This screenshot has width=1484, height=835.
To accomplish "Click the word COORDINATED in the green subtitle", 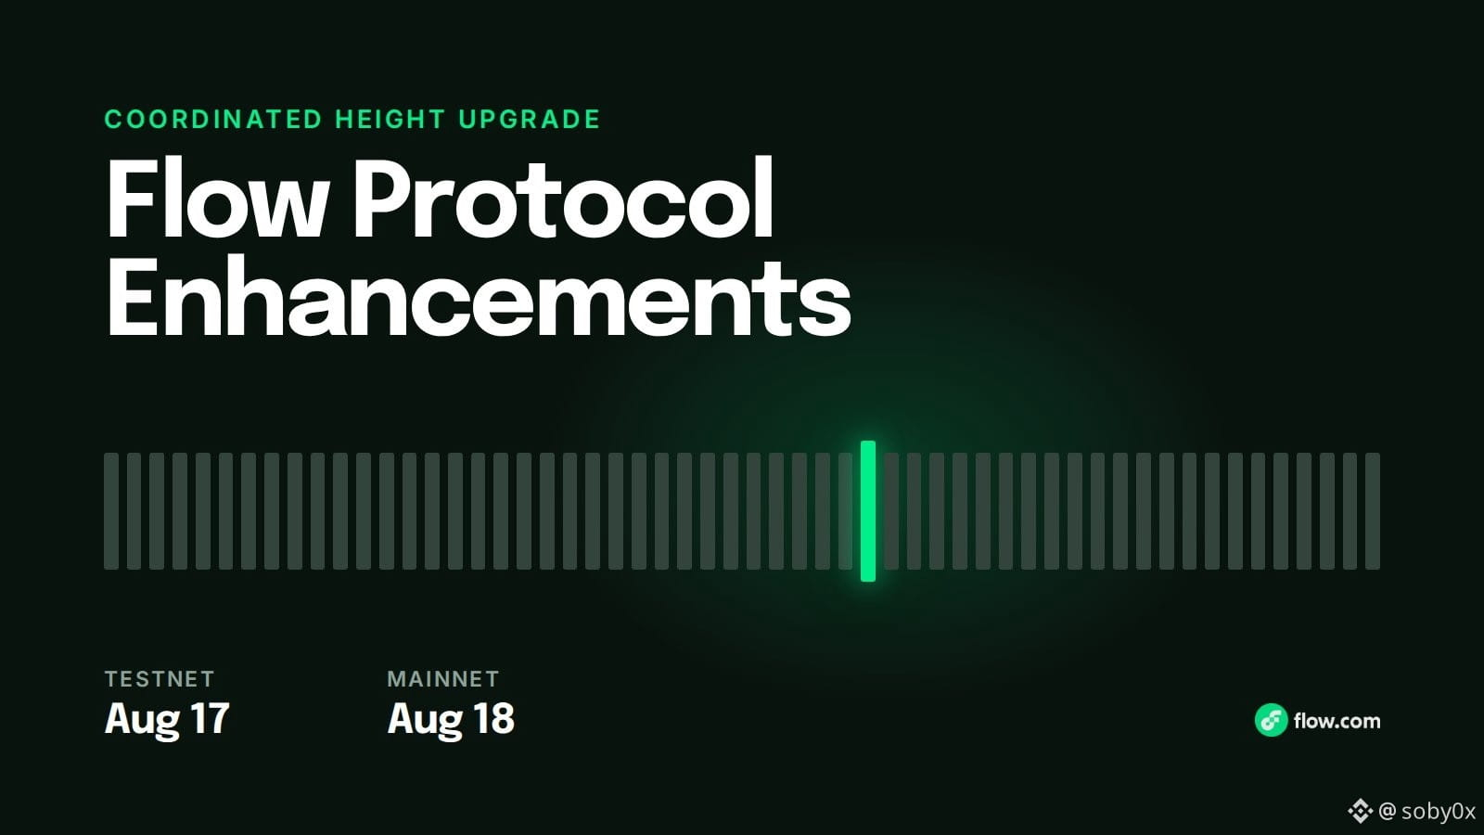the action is pos(213,120).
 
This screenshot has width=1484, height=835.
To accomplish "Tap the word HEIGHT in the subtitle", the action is pos(390,120).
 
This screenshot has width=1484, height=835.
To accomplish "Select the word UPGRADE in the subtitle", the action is pos(530,120).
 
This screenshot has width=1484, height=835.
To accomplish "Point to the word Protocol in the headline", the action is pos(562,198).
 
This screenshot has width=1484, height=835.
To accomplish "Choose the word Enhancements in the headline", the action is pos(478,297).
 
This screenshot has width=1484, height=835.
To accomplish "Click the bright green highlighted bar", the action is pos(868,511).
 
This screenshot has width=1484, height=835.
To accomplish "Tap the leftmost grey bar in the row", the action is pos(111,511).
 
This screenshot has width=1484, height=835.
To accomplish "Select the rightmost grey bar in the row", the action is pos(1373,511).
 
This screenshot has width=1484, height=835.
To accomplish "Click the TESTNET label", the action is pos(160,678).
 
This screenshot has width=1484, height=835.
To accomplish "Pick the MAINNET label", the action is pos(443,678).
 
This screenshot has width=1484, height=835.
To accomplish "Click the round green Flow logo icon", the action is pos(1272,720).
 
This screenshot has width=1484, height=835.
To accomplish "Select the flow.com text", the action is pos(1337,721).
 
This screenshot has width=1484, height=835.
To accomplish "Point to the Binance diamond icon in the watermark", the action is pos(1360,811).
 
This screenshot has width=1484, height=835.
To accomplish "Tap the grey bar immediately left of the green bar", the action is pos(845,511).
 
